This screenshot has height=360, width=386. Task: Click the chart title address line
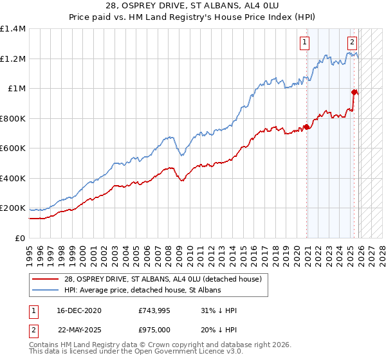[193, 7]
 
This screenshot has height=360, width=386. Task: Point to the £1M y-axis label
[15, 89]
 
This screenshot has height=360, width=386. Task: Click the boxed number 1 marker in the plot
[304, 43]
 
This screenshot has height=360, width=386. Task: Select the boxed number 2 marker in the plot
[353, 43]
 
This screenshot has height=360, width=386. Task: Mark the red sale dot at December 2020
[307, 127]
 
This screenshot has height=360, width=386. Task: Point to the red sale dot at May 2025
[354, 92]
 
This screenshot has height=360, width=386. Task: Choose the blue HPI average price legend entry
[142, 291]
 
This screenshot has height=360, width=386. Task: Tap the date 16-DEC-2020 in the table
[75, 310]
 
